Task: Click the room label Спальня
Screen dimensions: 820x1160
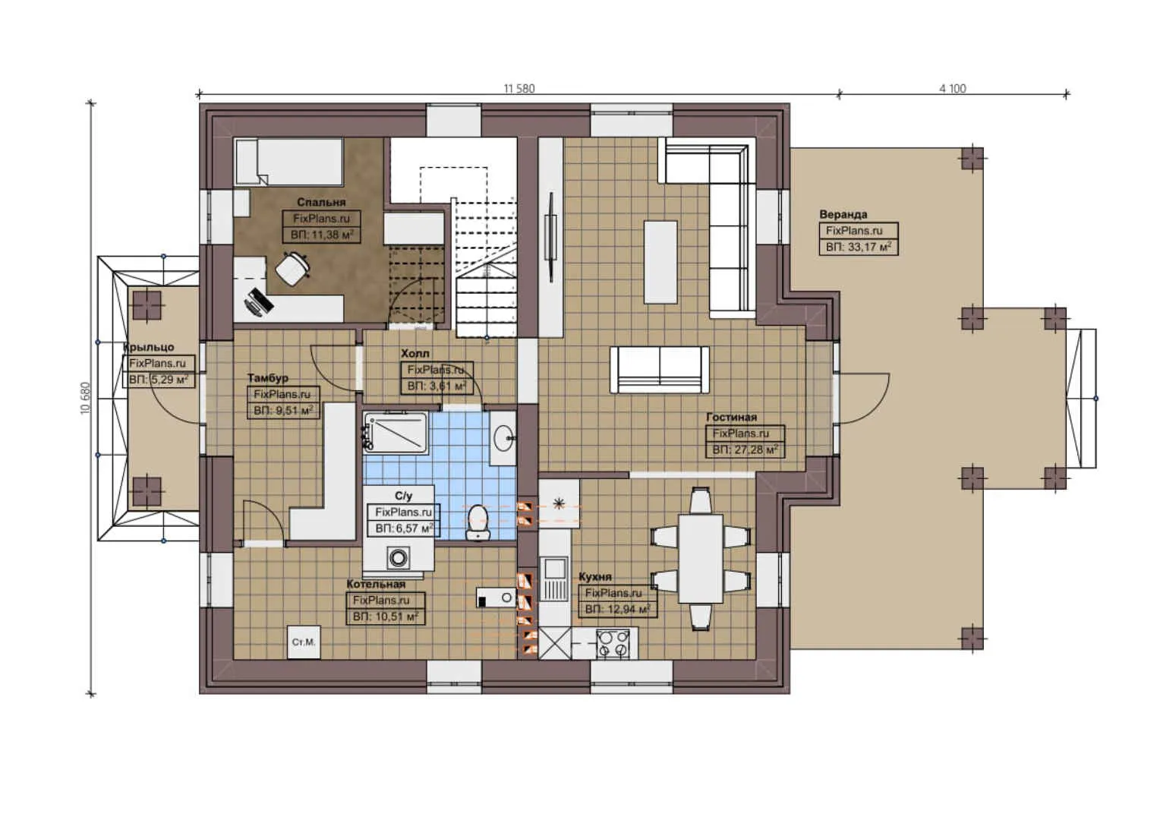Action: pyautogui.click(x=321, y=202)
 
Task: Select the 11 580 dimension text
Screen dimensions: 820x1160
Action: pyautogui.click(x=519, y=88)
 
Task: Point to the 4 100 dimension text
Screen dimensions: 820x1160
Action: pyautogui.click(x=952, y=88)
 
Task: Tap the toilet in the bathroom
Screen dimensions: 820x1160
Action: pyautogui.click(x=478, y=522)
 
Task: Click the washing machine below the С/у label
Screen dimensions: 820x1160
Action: pyautogui.click(x=398, y=558)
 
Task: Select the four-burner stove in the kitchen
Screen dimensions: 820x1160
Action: pyautogui.click(x=613, y=644)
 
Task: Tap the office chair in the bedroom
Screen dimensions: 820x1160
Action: pyautogui.click(x=292, y=269)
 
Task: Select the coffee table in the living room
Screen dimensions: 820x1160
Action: pyautogui.click(x=660, y=262)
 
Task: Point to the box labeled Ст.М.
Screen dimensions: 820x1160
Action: pyautogui.click(x=303, y=642)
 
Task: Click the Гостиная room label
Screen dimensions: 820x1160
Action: pyautogui.click(x=731, y=417)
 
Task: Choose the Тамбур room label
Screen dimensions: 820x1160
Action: pyautogui.click(x=267, y=377)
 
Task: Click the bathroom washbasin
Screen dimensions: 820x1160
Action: pyautogui.click(x=502, y=437)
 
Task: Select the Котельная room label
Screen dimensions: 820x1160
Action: pyautogui.click(x=376, y=584)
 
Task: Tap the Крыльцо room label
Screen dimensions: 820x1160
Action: pyautogui.click(x=149, y=347)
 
